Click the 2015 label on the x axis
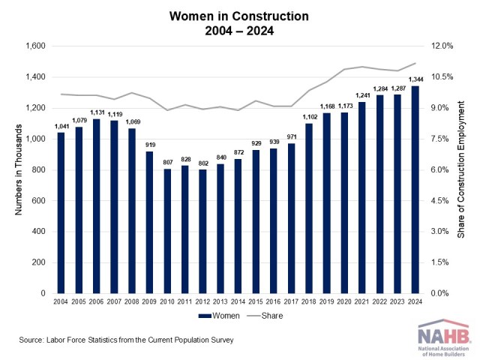256,302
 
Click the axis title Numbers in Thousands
17,170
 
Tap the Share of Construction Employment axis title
462,170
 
